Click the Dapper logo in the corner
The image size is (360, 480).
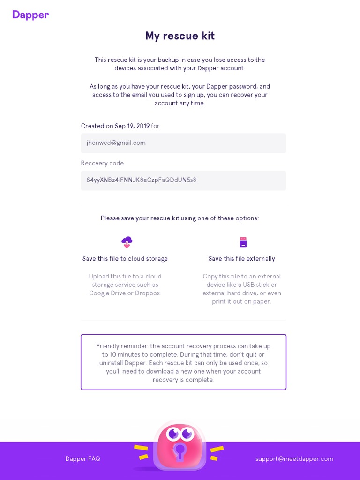pos(30,15)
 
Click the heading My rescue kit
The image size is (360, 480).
pos(180,36)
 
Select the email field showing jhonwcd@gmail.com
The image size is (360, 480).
pos(183,143)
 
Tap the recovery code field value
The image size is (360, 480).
pos(142,180)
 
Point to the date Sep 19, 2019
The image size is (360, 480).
pos(132,126)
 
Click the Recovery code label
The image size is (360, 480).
pos(102,163)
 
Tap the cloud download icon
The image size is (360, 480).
pos(127,242)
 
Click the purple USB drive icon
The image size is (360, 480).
pos(243,242)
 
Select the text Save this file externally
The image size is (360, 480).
pos(242,259)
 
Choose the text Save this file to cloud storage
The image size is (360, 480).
pos(125,259)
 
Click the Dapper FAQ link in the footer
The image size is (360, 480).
pos(82,459)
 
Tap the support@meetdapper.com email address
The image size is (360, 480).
pos(294,459)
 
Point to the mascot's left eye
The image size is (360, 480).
pos(173,434)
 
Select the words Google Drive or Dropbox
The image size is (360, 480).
pos(125,293)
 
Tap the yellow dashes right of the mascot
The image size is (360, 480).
pos(217,453)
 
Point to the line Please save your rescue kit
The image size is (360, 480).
pos(180,218)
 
